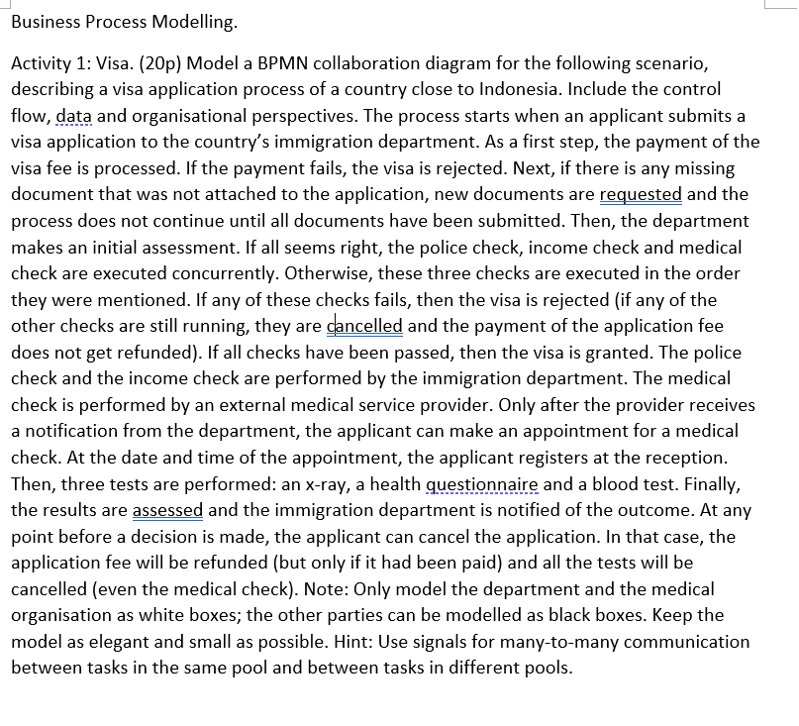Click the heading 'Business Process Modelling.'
pos(124,21)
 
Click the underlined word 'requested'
pos(641,195)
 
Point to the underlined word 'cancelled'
pos(364,326)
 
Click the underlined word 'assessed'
pos(167,510)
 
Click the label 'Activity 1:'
pos(52,63)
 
